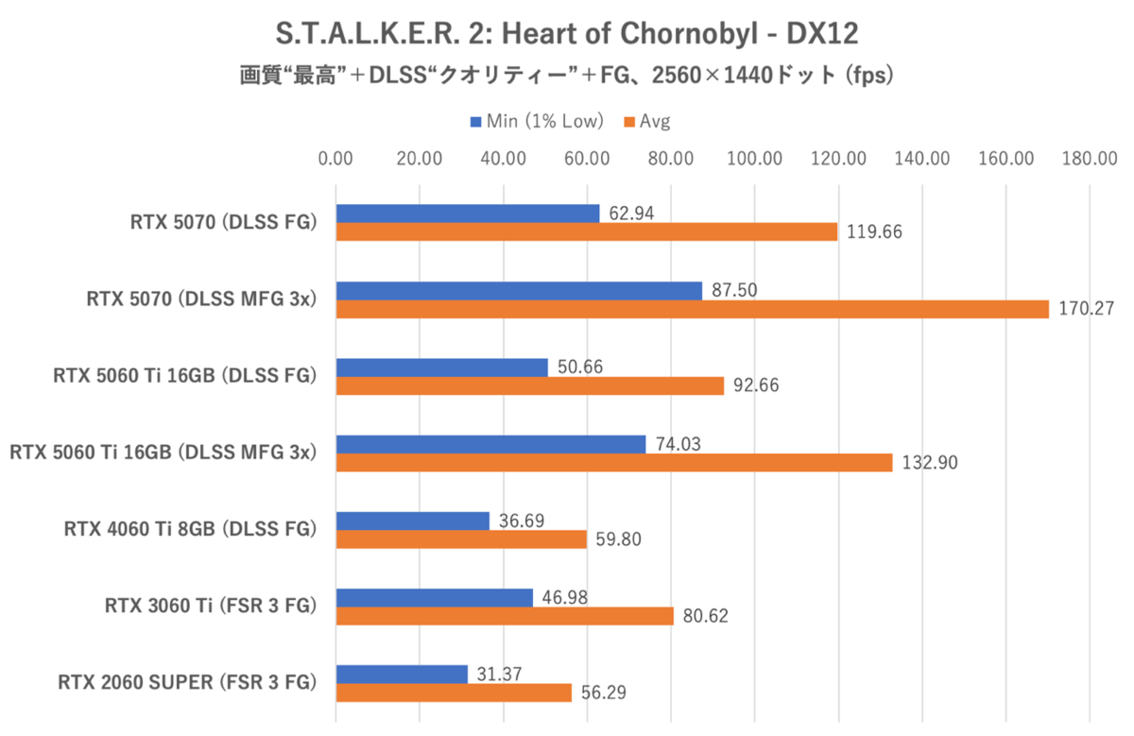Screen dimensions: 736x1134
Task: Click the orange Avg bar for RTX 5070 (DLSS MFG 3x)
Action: coord(693,309)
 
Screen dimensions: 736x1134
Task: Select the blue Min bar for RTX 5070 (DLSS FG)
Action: coord(468,214)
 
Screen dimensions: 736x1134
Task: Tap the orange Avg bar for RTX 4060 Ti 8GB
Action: coord(462,539)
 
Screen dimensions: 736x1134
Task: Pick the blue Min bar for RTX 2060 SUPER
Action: coord(402,674)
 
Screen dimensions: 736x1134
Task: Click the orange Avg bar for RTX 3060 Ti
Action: coord(506,616)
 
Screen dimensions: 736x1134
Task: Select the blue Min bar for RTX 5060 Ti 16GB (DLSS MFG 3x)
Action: coord(491,444)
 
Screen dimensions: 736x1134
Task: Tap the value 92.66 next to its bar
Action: coord(756,385)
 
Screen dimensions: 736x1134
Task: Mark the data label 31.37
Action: coord(499,673)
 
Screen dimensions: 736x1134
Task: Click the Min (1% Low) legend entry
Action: coord(537,121)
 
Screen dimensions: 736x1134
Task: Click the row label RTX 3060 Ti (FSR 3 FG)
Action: coord(209,605)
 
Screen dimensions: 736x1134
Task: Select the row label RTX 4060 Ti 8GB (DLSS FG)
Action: coord(189,528)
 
